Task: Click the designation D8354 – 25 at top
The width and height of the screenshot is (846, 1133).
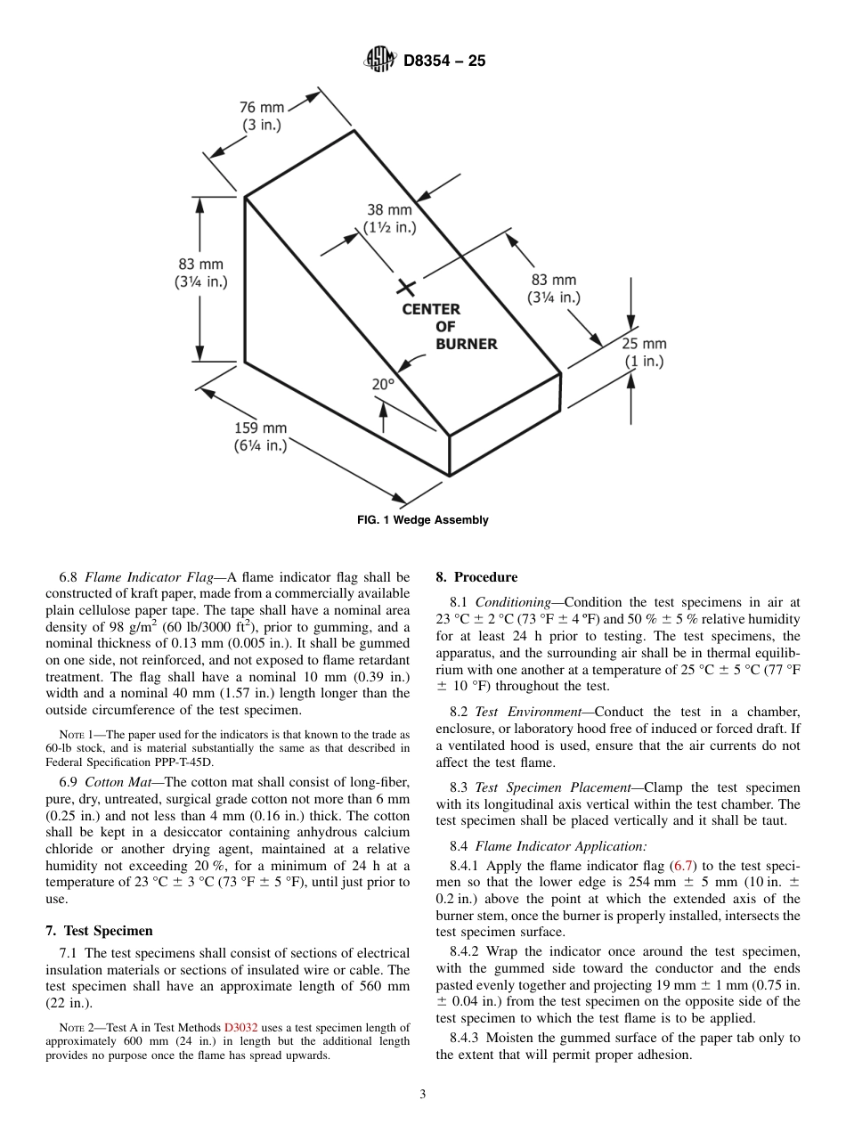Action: pos(444,61)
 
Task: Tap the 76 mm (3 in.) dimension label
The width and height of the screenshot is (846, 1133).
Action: pos(262,117)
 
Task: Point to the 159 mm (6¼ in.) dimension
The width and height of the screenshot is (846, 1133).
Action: pos(261,437)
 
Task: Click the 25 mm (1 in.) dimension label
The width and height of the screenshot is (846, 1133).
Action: pos(644,353)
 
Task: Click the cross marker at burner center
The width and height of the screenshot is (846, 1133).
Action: pos(406,287)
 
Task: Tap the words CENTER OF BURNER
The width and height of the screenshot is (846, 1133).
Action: pos(447,327)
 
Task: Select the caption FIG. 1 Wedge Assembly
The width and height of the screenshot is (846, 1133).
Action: pos(423,520)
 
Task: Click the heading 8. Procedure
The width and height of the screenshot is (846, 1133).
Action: pos(476,577)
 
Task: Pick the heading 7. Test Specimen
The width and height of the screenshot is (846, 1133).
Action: pos(99,931)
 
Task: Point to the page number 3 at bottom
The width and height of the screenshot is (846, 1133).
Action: pos(423,1095)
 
